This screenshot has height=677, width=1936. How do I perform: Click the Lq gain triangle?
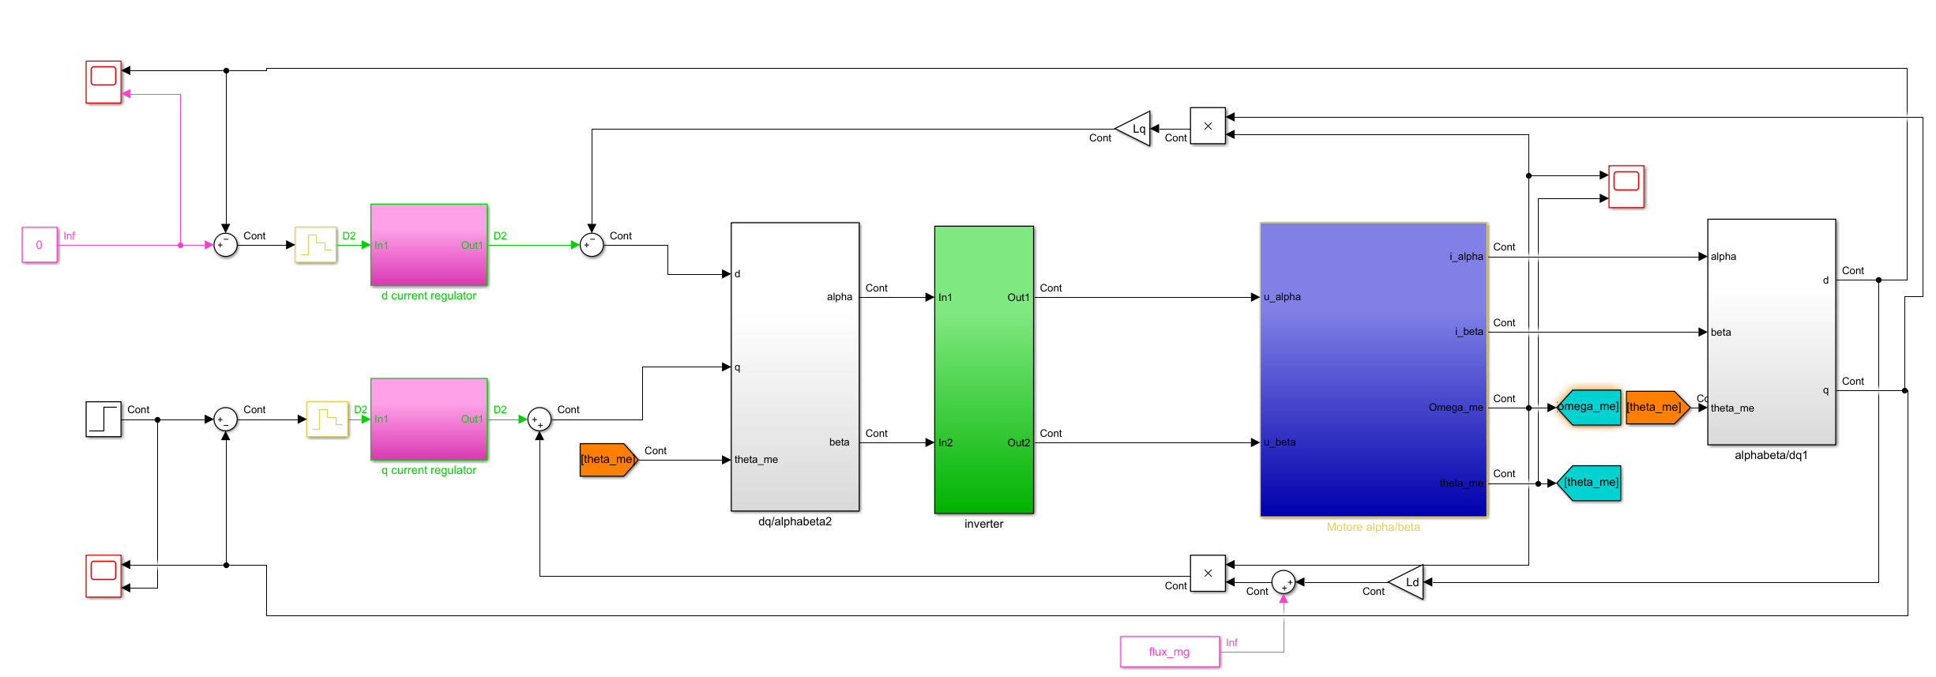click(1135, 129)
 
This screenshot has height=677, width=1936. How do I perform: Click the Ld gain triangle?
click(1408, 582)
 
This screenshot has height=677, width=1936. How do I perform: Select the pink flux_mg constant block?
click(1169, 652)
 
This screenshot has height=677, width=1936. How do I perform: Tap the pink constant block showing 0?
click(39, 245)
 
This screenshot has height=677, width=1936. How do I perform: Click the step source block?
click(103, 419)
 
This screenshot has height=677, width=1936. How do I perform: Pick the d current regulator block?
click(429, 245)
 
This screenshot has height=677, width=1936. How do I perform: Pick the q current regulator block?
click(429, 419)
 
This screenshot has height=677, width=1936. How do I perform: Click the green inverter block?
click(983, 370)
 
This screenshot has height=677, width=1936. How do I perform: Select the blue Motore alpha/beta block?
click(1373, 370)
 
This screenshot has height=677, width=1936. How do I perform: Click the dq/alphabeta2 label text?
click(795, 521)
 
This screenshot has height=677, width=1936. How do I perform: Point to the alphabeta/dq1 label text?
click(1771, 455)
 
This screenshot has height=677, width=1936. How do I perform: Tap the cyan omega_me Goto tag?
click(1589, 407)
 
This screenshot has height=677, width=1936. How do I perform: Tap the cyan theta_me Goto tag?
click(1589, 483)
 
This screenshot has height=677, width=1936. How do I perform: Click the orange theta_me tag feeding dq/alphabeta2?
click(607, 460)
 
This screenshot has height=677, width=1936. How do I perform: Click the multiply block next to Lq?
click(1207, 126)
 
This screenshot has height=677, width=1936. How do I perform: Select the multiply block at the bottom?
click(1207, 574)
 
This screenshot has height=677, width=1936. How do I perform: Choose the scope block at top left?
click(103, 81)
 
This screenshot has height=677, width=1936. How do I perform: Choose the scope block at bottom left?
click(103, 576)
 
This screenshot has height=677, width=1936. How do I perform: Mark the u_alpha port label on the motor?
click(1282, 297)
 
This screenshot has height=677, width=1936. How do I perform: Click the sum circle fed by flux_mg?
click(1283, 582)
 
